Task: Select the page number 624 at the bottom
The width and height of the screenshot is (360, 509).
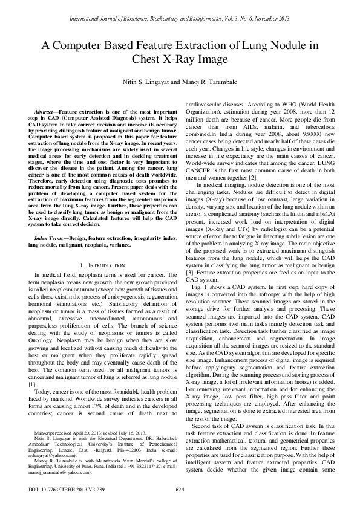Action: (x=179, y=488)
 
